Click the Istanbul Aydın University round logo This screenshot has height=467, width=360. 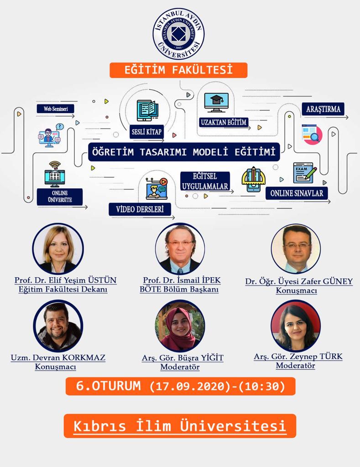[179, 33]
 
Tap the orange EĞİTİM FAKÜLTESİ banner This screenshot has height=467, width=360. [178, 70]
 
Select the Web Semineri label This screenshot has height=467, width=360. [55, 109]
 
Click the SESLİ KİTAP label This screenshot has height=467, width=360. [146, 132]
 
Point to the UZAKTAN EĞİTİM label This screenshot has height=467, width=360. [224, 122]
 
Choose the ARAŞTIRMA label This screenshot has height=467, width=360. [323, 109]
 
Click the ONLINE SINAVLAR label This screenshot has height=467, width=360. [297, 193]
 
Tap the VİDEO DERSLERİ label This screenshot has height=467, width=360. [140, 209]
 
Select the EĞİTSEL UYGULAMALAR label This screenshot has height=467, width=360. [205, 181]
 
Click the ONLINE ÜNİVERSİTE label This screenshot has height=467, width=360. [60, 197]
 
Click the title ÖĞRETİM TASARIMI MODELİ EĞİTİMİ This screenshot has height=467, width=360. [184, 152]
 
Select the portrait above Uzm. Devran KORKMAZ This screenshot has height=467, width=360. [58, 326]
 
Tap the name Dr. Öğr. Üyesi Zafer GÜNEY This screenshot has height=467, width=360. [299, 281]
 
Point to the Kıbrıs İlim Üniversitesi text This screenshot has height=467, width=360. [180, 426]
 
